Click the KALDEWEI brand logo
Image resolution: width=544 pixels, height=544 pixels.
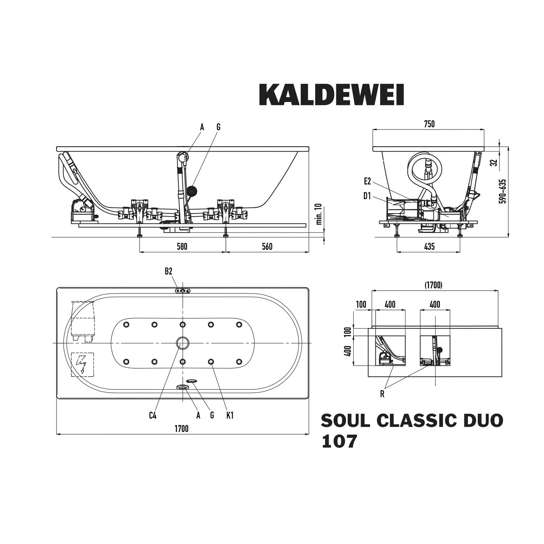pyautogui.click(x=331, y=95)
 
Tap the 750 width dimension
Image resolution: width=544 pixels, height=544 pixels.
pyautogui.click(x=429, y=124)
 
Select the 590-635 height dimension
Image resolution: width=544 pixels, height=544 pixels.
pyautogui.click(x=503, y=191)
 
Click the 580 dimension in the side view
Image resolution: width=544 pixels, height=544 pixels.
pyautogui.click(x=182, y=247)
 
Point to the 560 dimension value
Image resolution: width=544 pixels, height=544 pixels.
pyautogui.click(x=267, y=247)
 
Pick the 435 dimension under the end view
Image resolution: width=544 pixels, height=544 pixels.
pyautogui.click(x=429, y=247)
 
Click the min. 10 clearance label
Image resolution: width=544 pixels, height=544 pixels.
pyautogui.click(x=319, y=214)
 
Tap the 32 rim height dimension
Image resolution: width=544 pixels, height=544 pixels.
pyautogui.click(x=493, y=163)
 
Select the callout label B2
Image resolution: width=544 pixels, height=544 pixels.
pyautogui.click(x=168, y=271)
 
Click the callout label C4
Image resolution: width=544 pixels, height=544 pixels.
pyautogui.click(x=153, y=415)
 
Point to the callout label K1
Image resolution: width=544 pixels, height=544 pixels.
pyautogui.click(x=230, y=415)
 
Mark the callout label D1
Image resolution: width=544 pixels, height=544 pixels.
pyautogui.click(x=367, y=196)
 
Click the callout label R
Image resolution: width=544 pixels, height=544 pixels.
pyautogui.click(x=382, y=394)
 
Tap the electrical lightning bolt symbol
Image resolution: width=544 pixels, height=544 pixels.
pyautogui.click(x=82, y=364)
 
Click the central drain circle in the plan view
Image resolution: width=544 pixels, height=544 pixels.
pyautogui.click(x=183, y=343)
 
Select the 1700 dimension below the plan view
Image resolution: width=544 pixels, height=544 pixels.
pyautogui.click(x=182, y=429)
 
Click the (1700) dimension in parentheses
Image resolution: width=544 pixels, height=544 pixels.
pyautogui.click(x=433, y=285)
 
